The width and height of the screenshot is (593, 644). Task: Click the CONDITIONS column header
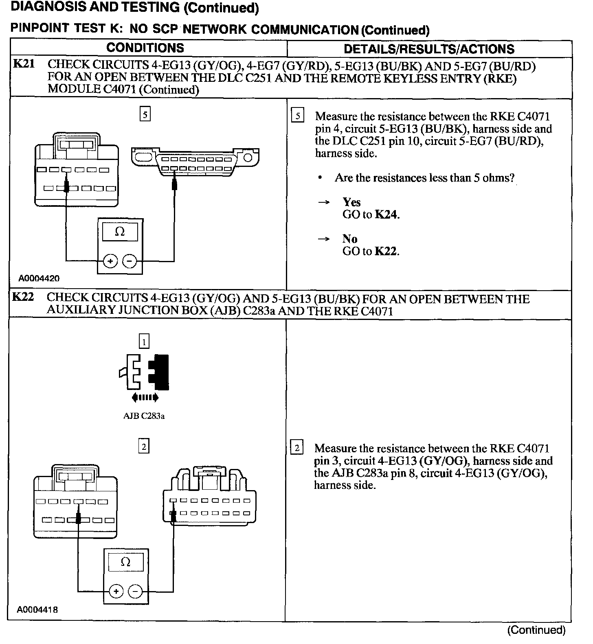145,48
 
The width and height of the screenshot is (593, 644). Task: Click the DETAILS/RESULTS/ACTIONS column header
429,49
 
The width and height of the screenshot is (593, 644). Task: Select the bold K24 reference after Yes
386,215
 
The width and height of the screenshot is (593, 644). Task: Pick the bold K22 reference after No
385,251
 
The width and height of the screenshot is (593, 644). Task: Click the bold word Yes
351,202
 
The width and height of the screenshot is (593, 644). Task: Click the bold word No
350,239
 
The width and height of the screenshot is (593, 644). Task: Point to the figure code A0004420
39,278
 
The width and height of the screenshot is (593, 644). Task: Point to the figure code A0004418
37,610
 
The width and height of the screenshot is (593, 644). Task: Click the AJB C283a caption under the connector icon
144,416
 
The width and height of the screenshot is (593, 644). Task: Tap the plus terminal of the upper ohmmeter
110,261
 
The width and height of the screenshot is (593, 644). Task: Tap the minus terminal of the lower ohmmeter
135,591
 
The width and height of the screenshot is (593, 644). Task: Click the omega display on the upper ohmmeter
120,232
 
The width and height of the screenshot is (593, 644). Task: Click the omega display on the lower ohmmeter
126,563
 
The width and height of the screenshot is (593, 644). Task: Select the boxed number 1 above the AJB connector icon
144,341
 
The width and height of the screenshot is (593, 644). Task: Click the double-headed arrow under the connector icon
145,397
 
